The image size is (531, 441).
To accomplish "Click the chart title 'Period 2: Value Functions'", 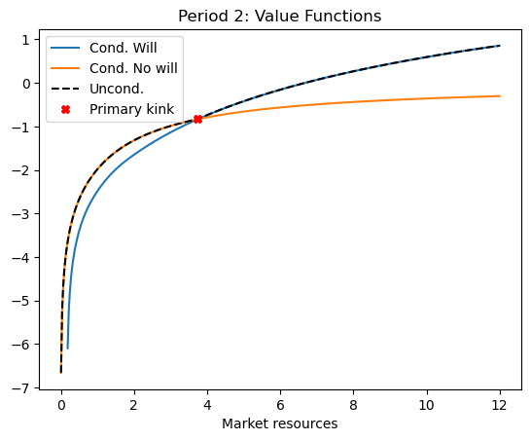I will [278, 16].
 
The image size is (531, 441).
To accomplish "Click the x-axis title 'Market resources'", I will [280, 423].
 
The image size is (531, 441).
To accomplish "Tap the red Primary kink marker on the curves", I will [197, 119].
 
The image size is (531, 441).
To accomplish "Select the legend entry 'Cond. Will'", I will [123, 48].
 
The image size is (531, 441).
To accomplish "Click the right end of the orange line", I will [500, 96].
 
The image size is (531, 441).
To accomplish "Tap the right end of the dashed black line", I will [500, 46].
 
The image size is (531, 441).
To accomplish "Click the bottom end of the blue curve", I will [67, 348].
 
